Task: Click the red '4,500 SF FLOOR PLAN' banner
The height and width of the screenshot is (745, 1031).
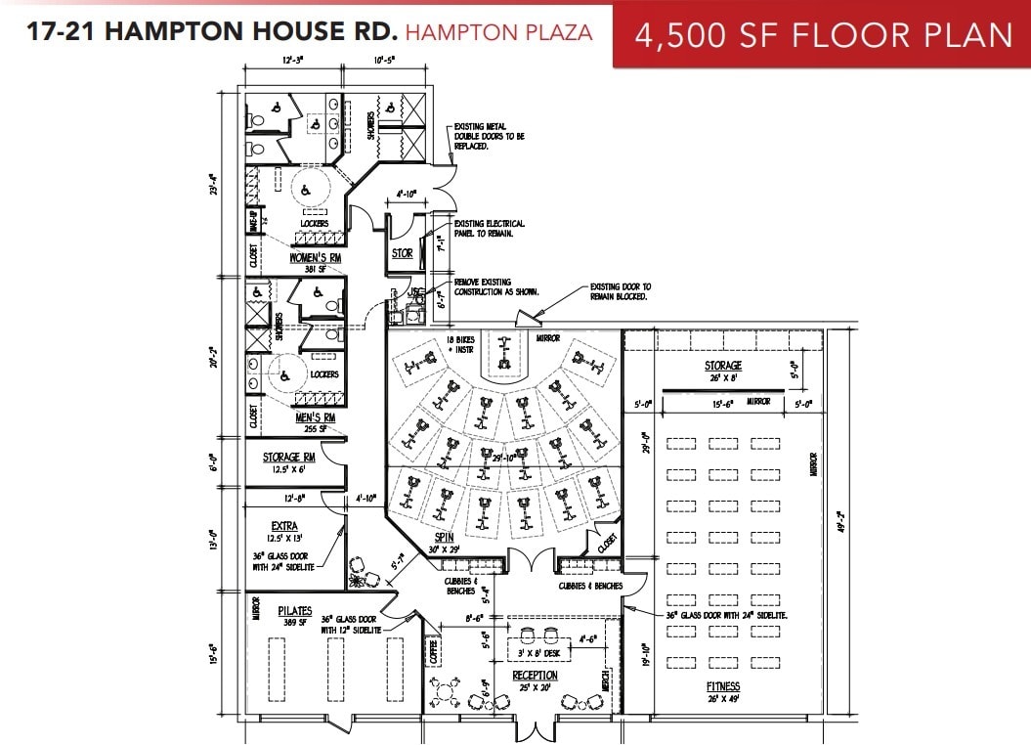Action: point(822,34)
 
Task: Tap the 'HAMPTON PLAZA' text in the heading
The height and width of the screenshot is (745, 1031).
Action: point(498,31)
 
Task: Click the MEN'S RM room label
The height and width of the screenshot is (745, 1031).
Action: point(315,417)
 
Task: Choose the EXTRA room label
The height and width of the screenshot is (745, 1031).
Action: point(285,525)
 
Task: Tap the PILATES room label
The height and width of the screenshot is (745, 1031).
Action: point(293,611)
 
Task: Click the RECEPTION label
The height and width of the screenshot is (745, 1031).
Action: point(536,676)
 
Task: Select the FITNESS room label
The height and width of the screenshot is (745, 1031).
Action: point(723,686)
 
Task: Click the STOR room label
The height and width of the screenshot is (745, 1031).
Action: point(402,253)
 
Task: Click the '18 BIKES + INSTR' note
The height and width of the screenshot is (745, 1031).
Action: point(458,344)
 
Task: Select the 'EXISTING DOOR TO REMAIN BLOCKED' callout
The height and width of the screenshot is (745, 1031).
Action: point(620,291)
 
